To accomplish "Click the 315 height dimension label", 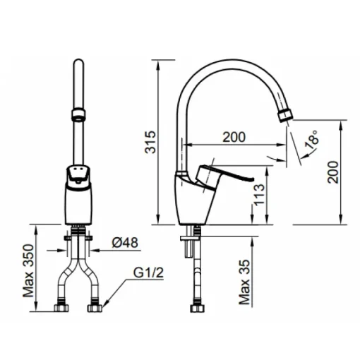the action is pos(150,143).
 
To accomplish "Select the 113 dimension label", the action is pos(260,195).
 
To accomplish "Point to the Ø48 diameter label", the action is pos(125,242).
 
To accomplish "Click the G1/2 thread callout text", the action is pos(148,273).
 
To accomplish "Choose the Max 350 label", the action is pos(28,271).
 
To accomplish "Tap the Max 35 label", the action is pos(244,282).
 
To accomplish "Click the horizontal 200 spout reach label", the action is pos(234,137).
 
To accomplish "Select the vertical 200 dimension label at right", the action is pos(333,172).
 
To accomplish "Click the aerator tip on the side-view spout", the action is pos(285,116).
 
